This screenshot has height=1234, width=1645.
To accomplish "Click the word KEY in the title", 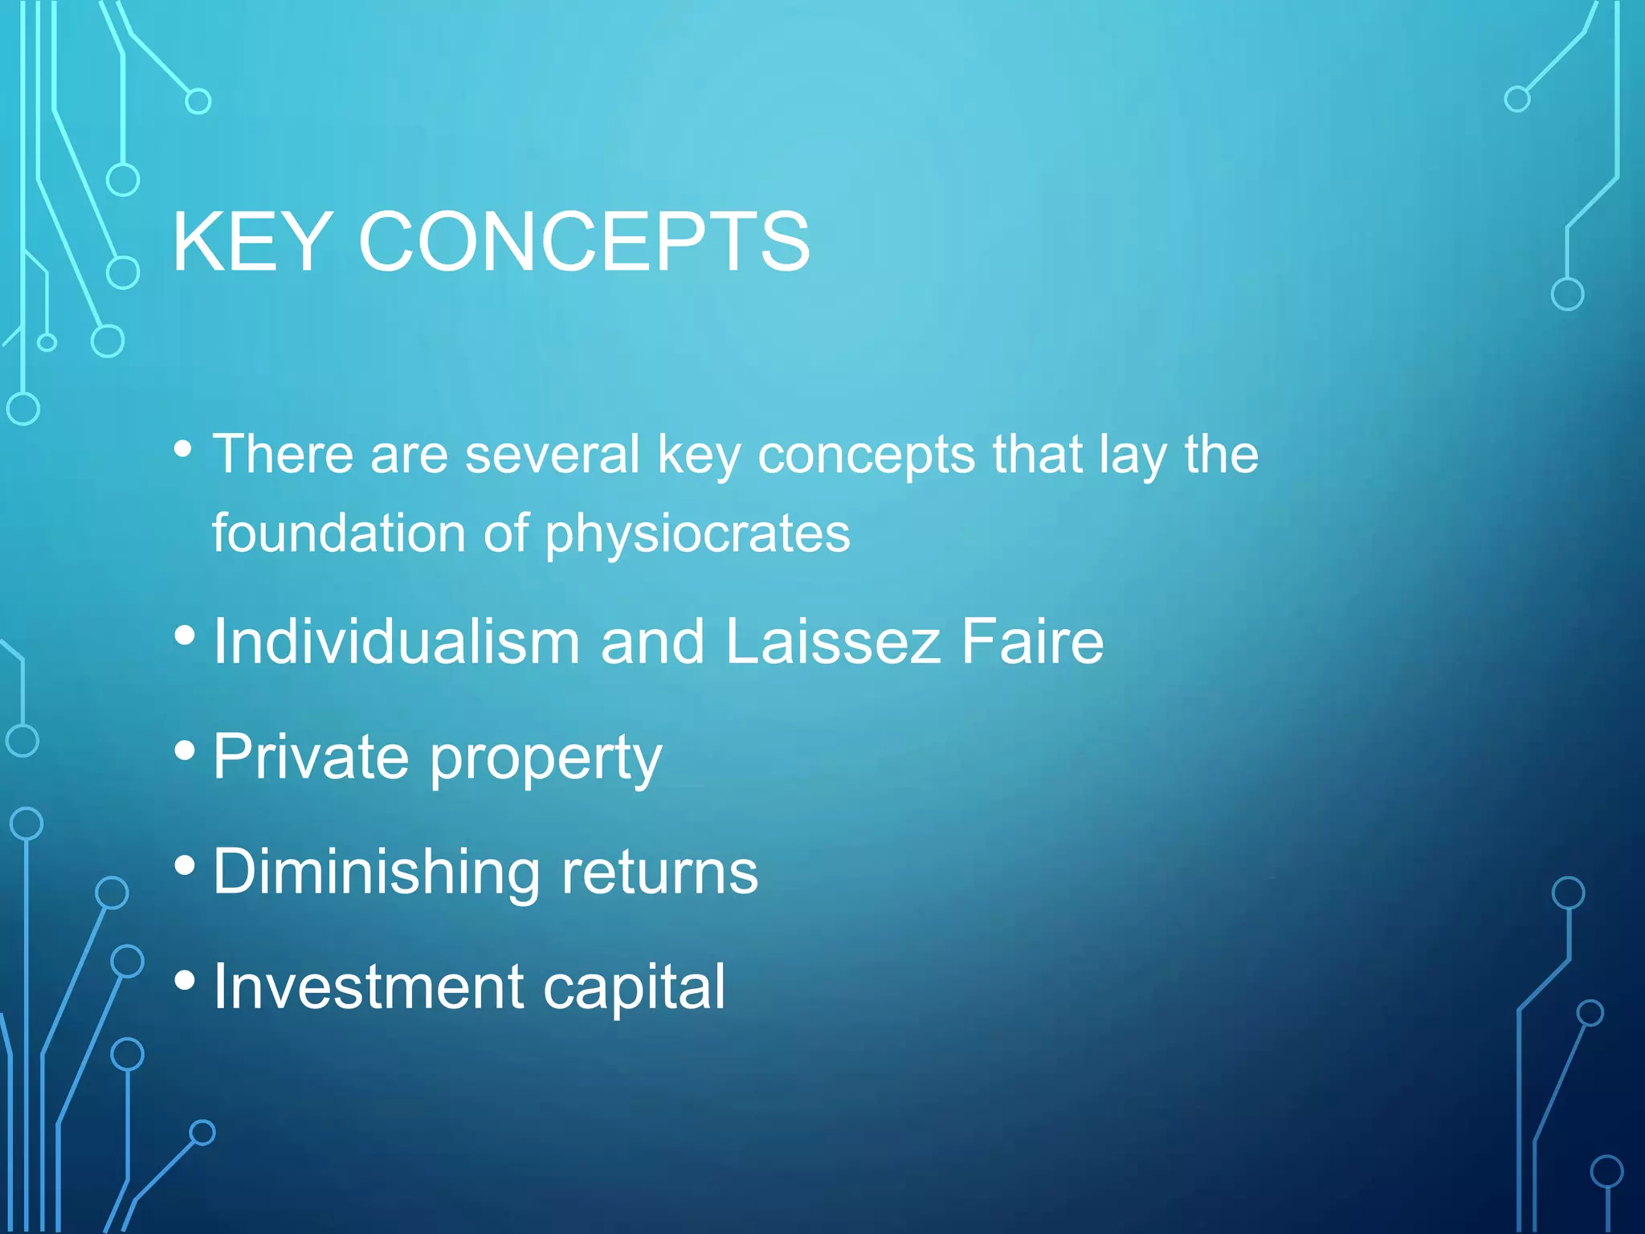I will (251, 242).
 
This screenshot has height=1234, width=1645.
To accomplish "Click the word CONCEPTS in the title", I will (584, 242).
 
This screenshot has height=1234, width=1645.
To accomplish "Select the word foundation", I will (338, 533).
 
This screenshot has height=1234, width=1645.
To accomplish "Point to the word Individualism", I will (397, 642).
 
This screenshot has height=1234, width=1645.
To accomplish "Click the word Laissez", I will (832, 642).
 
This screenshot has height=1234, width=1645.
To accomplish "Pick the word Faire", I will (1032, 642).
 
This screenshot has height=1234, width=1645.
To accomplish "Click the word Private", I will (311, 757).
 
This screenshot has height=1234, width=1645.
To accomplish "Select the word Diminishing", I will (377, 872).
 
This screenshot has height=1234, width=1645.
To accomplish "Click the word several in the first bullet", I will (553, 455).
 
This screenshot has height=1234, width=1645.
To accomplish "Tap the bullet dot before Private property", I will (185, 751).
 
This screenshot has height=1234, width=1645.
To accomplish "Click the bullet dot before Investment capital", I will (185, 980).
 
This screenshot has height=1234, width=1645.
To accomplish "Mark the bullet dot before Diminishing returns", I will (185, 866).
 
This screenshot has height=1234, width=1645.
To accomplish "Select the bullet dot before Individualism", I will (185, 636).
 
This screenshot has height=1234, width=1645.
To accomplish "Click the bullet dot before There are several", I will (184, 449).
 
